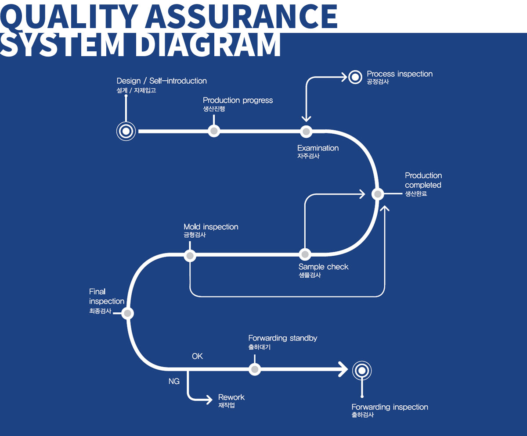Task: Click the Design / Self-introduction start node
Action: pyautogui.click(x=126, y=131)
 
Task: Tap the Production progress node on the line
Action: pyautogui.click(x=213, y=131)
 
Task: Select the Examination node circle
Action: pyautogui.click(x=306, y=131)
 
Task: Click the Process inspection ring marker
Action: pyautogui.click(x=355, y=77)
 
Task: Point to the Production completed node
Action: pyautogui.click(x=378, y=193)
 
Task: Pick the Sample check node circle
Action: pyautogui.click(x=305, y=254)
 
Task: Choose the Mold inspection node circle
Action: pyautogui.click(x=190, y=255)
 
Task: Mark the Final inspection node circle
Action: pyautogui.click(x=127, y=313)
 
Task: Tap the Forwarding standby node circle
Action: pyautogui.click(x=254, y=369)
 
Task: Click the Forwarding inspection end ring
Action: pyautogui.click(x=362, y=370)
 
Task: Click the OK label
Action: pyautogui.click(x=197, y=357)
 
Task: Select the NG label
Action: pyautogui.click(x=174, y=382)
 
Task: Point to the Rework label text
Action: pyautogui.click(x=231, y=397)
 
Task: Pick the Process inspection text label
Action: pyautogui.click(x=400, y=74)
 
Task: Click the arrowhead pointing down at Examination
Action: pyautogui.click(x=306, y=118)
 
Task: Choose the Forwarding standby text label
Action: pyautogui.click(x=282, y=338)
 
